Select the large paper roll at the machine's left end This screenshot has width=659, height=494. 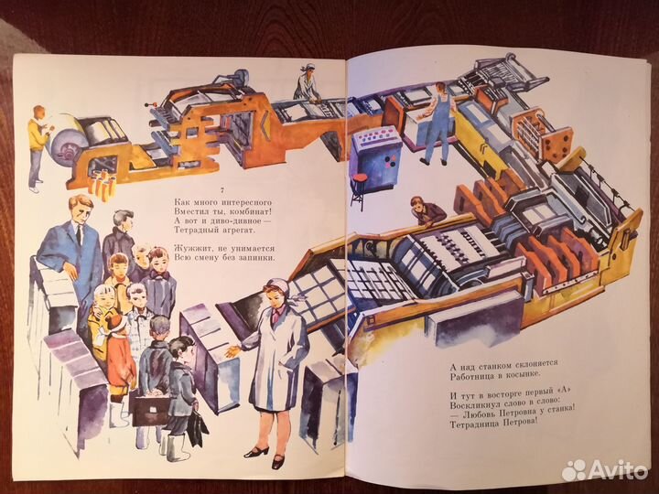[69, 145]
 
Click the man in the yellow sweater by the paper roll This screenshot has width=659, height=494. [36, 143]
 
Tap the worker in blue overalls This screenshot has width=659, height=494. [438, 120]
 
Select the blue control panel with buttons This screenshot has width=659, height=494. [376, 150]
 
